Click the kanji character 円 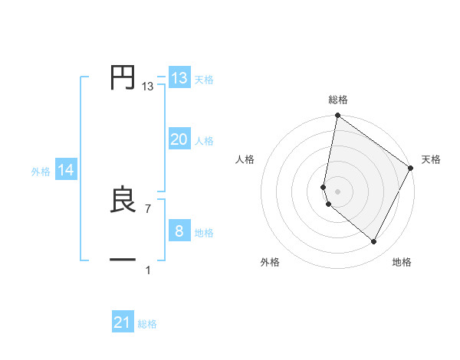pos(123,78)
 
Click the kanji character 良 pos(123,200)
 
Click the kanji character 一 pos(123,260)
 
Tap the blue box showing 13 pos(179,78)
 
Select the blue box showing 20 pos(179,139)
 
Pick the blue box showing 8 pos(179,231)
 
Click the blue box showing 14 pos(66,170)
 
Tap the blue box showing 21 pos(123,322)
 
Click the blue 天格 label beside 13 pos(204,80)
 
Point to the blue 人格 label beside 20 pos(204,141)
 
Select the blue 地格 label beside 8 pos(204,233)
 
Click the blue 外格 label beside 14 pos(41,172)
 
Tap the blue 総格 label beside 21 pos(147,324)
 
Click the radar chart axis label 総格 pos(337,100)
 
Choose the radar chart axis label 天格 pos(431,159)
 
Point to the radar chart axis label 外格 pos(270,262)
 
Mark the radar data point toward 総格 pos(337,116)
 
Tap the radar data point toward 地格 pos(374,242)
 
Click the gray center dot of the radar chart pos(337,191)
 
